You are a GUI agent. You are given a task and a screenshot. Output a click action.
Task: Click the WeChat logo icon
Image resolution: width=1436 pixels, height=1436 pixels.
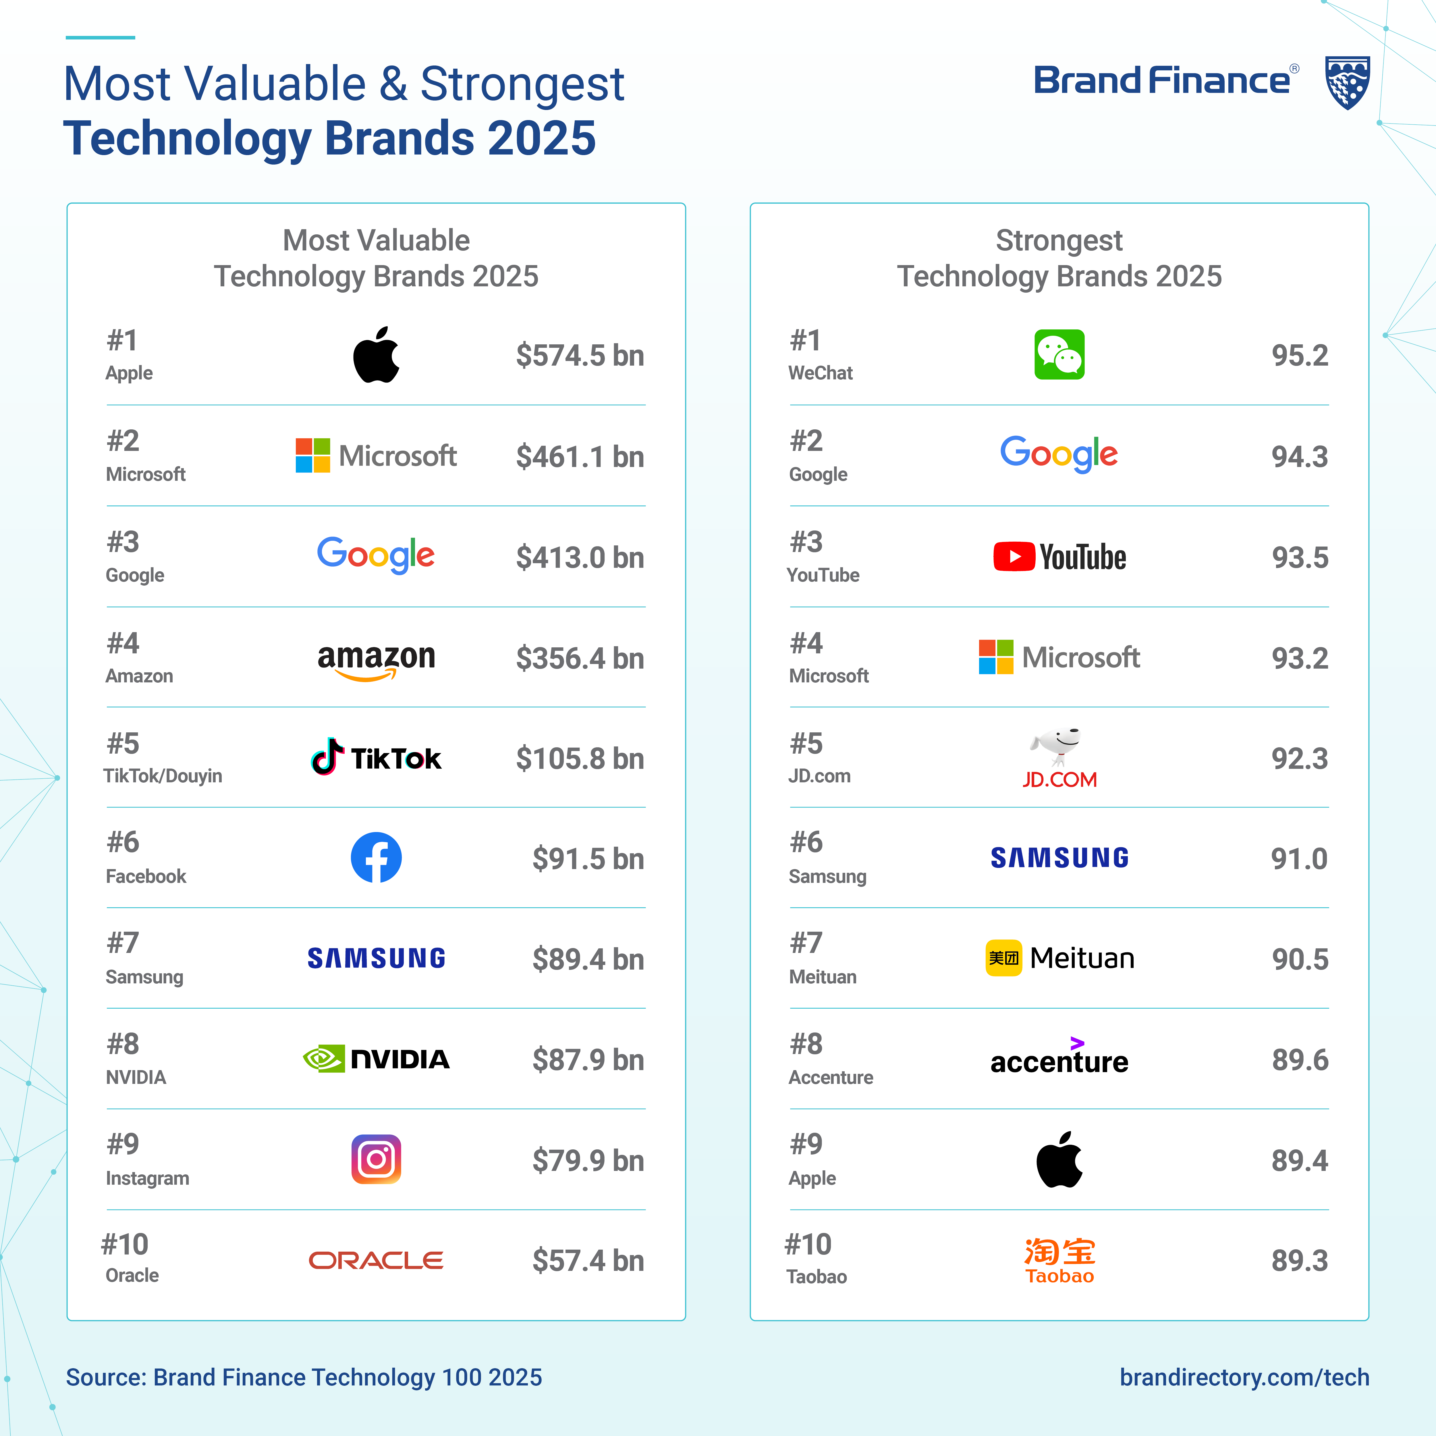tap(1059, 354)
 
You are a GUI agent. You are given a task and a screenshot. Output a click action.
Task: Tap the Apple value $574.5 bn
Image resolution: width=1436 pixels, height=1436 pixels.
tap(580, 355)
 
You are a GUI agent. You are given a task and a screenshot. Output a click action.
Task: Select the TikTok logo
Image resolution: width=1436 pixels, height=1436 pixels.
tap(376, 757)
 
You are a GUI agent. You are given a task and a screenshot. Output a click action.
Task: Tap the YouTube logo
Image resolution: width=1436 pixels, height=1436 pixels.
tap(1059, 557)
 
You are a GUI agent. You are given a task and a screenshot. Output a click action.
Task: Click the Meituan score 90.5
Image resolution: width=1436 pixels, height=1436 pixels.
tap(1299, 959)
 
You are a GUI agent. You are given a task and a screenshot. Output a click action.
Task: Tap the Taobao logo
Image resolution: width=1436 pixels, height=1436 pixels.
tap(1059, 1261)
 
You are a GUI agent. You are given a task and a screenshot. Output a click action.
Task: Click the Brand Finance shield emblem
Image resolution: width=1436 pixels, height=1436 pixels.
tap(1348, 82)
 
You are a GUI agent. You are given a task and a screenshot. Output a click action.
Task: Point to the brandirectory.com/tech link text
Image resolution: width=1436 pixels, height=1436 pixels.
tap(1244, 1377)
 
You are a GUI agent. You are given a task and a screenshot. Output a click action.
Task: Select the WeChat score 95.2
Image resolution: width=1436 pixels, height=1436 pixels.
tap(1299, 355)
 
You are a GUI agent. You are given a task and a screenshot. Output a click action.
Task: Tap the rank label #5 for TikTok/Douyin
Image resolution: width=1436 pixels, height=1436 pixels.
tap(123, 743)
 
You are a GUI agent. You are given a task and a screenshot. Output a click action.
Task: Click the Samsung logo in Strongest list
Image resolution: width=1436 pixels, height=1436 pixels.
tap(1059, 858)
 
